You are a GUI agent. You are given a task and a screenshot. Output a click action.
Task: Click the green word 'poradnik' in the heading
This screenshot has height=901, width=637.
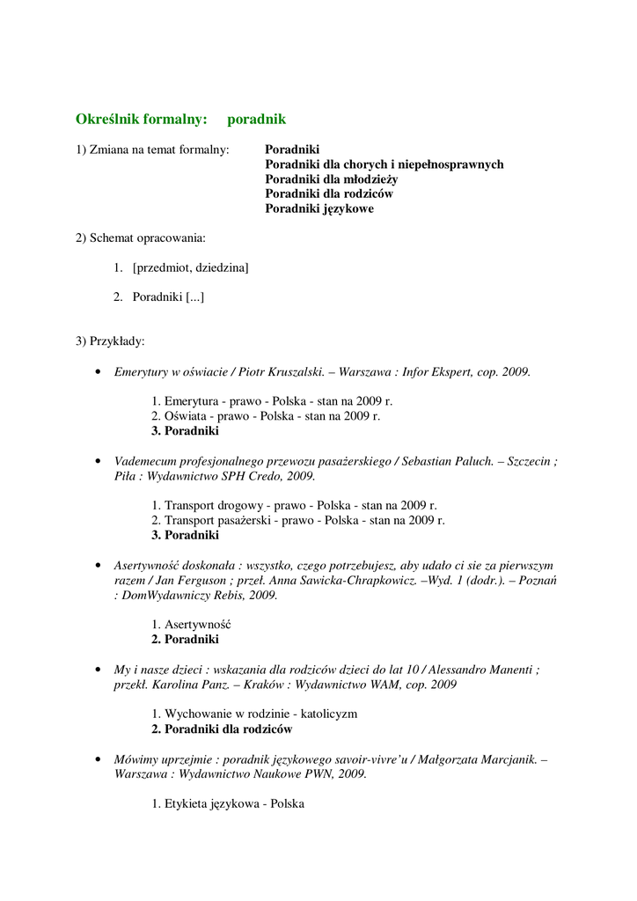(256, 119)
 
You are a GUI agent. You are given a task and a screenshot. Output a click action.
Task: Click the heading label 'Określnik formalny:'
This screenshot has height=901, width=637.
(142, 119)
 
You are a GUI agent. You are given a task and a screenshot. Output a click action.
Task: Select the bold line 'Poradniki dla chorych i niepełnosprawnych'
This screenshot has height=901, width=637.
(384, 165)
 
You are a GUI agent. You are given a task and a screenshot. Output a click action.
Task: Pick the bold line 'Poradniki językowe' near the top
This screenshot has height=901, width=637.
(319, 209)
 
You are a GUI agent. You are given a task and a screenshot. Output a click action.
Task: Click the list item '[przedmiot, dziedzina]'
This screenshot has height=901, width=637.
(190, 267)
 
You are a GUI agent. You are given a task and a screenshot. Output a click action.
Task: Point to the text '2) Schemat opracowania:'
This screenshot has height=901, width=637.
(141, 238)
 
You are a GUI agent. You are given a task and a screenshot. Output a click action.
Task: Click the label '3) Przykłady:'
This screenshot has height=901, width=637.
(110, 341)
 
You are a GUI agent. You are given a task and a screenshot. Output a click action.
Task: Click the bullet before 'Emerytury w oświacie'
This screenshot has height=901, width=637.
(97, 372)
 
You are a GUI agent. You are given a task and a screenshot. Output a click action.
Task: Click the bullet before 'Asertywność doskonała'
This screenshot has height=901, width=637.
(97, 566)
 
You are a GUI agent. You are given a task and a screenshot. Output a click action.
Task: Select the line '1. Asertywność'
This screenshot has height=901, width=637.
(198, 625)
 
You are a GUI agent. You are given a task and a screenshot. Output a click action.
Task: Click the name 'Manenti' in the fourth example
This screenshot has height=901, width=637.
(505, 670)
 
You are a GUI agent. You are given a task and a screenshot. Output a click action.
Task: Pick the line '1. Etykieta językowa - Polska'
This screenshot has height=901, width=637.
(228, 803)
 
